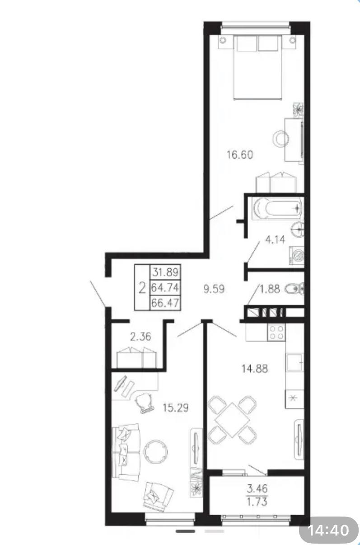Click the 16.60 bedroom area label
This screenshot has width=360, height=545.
[240, 155]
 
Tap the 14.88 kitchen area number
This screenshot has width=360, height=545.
[255, 369]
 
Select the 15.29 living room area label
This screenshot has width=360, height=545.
[176, 408]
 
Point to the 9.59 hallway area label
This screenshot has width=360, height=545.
[214, 289]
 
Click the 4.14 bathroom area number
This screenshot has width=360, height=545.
[275, 240]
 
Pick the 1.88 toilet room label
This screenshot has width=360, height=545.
[270, 289]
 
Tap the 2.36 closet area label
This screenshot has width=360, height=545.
[140, 337]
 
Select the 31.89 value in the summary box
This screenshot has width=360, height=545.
[165, 272]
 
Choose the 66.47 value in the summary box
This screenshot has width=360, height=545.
[165, 303]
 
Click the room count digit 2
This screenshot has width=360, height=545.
[142, 288]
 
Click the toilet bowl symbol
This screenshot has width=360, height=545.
[295, 289]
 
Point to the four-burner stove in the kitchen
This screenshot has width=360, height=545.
[276, 332]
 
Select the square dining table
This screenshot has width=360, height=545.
[233, 420]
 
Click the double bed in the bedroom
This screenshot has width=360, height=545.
[257, 67]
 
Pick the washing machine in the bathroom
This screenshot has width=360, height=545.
[296, 256]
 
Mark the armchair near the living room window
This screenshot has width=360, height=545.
[158, 495]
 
